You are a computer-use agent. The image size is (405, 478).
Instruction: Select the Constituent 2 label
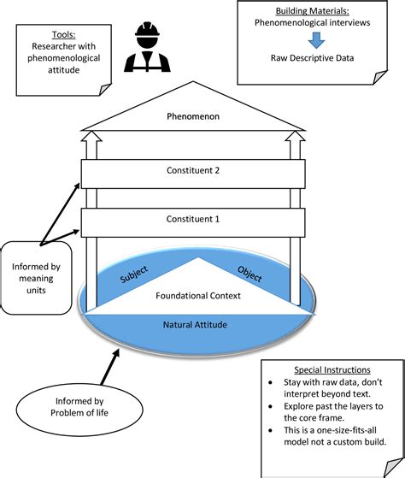pyautogui.click(x=193, y=171)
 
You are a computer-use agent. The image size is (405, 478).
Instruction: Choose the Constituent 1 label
pyautogui.click(x=193, y=220)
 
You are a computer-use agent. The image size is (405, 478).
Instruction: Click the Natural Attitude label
pyautogui.click(x=197, y=325)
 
